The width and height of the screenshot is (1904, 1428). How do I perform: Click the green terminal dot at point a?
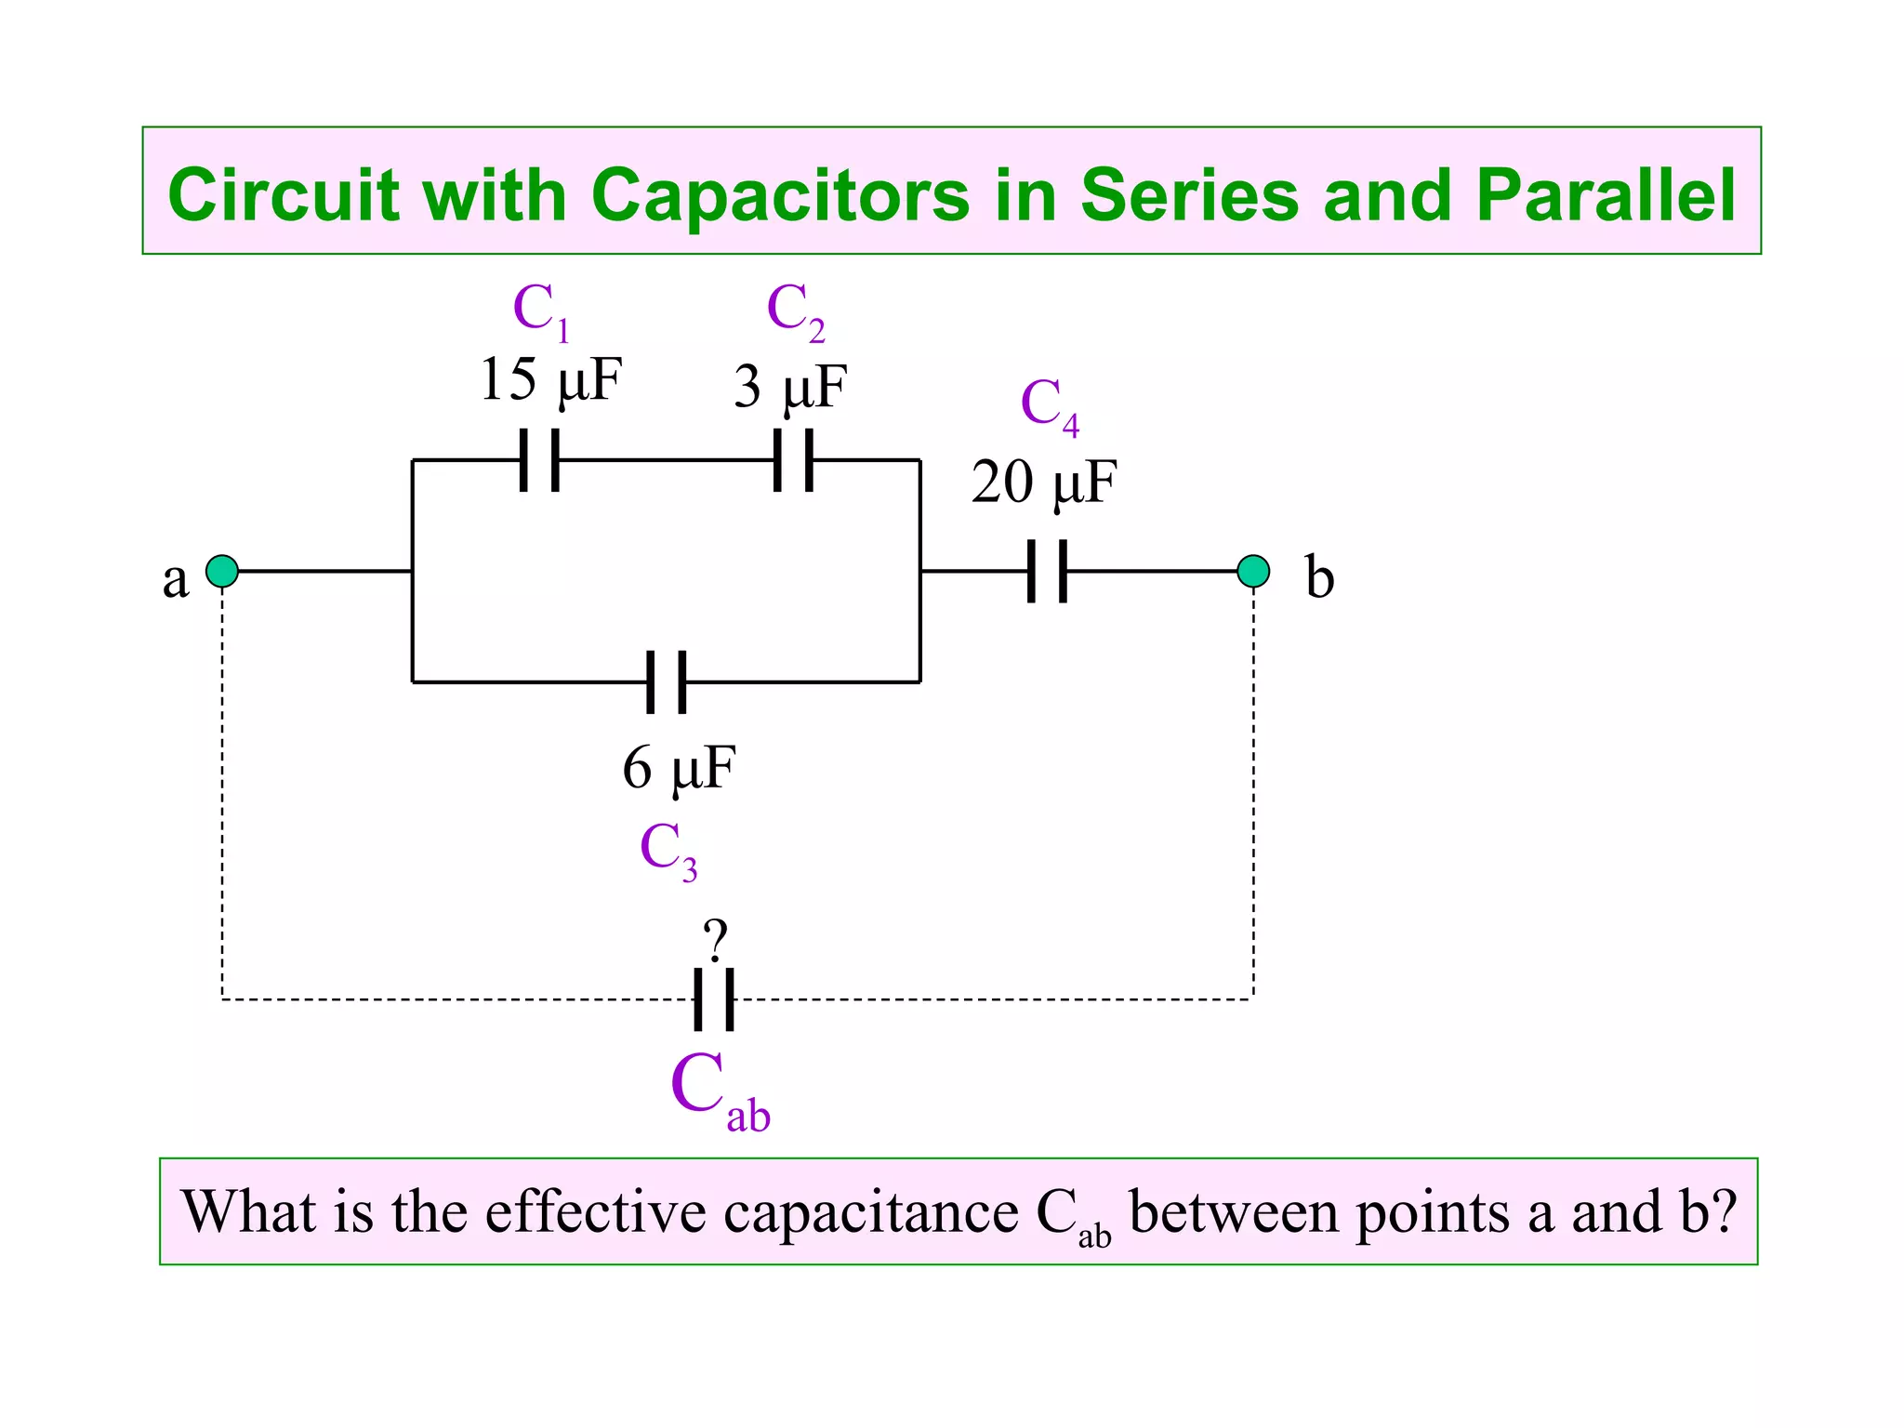pos(222,571)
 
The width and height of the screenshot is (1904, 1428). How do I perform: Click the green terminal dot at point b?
pos(1253,571)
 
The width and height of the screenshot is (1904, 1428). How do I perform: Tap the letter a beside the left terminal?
pos(175,578)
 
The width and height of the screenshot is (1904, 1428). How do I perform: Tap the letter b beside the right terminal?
pos(1319,576)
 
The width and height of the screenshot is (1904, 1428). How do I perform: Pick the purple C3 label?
pos(668,849)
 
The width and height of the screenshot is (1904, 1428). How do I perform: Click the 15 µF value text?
pos(549,380)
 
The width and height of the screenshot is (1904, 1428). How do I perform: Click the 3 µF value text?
pos(790,387)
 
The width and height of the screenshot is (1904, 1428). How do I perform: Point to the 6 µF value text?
pos(679,768)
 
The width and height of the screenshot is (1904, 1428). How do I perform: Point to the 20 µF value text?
pos(1043,483)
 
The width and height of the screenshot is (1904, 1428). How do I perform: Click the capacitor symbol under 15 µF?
pos(539,459)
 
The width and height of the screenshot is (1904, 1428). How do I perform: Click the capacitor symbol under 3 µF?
pos(794,459)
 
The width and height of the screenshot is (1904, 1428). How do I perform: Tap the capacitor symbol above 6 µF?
pos(667,681)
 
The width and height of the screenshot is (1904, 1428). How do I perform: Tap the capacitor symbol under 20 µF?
pos(1047,571)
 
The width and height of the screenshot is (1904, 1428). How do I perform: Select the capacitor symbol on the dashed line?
pos(714,999)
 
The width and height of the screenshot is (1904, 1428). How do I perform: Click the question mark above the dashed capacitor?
pos(715,940)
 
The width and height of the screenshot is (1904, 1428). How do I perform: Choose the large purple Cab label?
pos(719,1090)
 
